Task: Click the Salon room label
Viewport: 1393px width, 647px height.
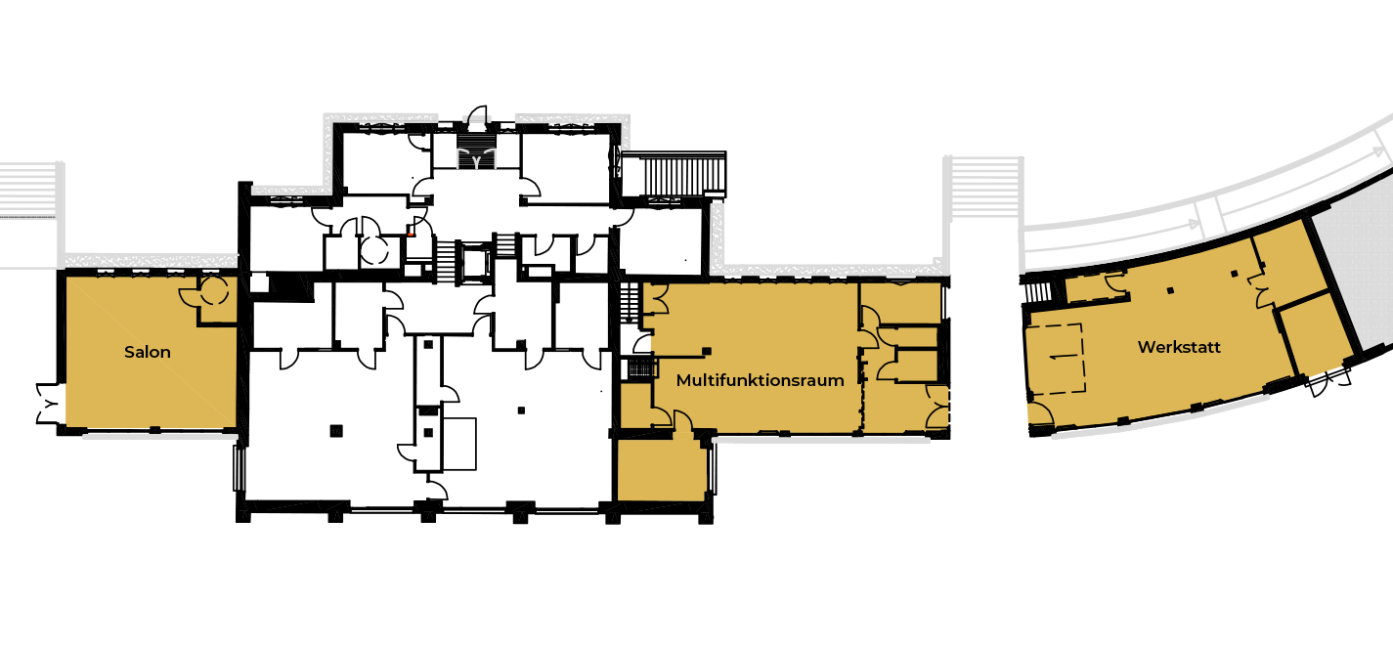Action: [148, 353]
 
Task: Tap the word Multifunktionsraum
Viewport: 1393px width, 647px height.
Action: [760, 380]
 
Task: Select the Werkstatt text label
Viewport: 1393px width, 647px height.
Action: [1179, 347]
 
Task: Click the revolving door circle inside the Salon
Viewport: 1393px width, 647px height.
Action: [214, 290]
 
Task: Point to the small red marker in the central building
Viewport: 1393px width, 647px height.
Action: [411, 235]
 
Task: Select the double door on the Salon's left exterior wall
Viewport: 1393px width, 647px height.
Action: [50, 404]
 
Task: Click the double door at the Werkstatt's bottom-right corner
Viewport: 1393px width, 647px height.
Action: [1329, 380]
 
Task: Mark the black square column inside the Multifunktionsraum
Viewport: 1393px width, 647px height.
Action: [707, 351]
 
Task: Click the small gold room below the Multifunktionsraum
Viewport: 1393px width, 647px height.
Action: [661, 469]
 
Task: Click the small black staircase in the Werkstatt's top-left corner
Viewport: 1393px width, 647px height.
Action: [1036, 291]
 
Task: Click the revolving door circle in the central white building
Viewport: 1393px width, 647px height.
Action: [374, 251]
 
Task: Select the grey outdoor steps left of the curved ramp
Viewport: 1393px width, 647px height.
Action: [983, 187]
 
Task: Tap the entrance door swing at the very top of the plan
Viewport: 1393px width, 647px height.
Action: [478, 116]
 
